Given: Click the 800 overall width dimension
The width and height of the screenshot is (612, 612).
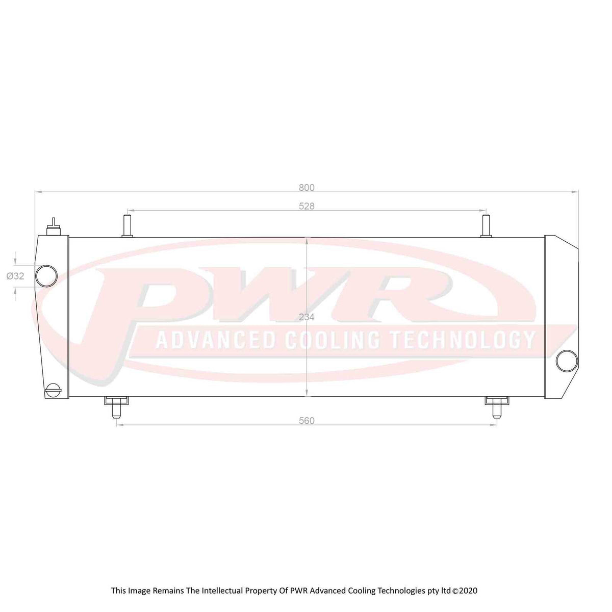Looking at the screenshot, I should pyautogui.click(x=307, y=188).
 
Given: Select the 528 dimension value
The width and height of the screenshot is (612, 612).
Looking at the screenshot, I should pyautogui.click(x=307, y=207).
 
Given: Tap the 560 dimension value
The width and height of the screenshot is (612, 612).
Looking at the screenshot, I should pyautogui.click(x=307, y=421).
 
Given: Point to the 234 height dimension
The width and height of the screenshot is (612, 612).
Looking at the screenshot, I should pyautogui.click(x=307, y=317).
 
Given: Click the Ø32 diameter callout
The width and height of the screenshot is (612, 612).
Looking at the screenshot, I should pyautogui.click(x=15, y=276).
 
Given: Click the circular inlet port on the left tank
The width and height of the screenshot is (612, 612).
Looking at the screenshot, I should pyautogui.click(x=46, y=276).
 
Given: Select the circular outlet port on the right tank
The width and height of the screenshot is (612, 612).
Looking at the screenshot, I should pyautogui.click(x=567, y=361).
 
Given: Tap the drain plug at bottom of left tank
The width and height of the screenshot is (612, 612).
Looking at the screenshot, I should pyautogui.click(x=54, y=390).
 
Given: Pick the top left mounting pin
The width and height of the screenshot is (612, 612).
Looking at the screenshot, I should pyautogui.click(x=127, y=225).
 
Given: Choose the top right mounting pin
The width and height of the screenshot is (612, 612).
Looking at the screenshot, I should pyautogui.click(x=486, y=225).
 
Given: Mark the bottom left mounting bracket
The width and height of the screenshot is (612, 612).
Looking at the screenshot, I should pyautogui.click(x=116, y=405).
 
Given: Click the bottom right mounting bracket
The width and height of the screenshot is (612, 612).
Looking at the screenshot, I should pyautogui.click(x=497, y=405).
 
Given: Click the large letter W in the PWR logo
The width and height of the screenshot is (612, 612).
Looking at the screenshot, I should pyautogui.click(x=286, y=293).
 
